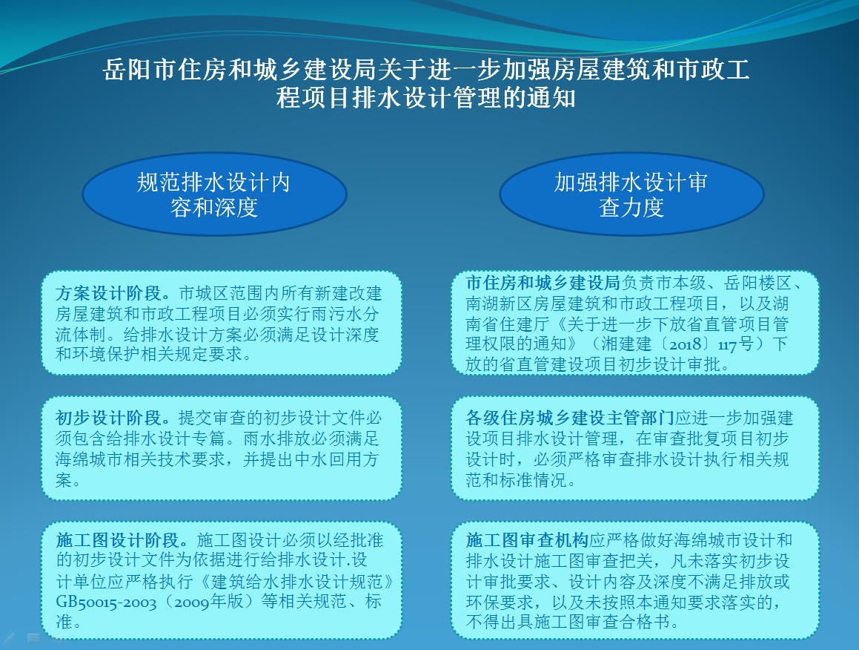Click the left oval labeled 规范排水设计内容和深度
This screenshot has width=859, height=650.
tap(214, 194)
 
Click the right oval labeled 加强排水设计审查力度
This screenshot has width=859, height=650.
tap(631, 194)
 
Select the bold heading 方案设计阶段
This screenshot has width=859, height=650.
tap(108, 293)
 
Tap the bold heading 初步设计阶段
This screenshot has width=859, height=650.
tap(108, 418)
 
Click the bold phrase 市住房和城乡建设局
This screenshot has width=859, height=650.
tap(543, 283)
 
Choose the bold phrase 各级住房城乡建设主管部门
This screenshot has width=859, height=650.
tap(570, 418)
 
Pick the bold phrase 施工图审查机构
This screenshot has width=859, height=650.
tap(527, 540)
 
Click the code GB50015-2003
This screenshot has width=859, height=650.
tap(106, 602)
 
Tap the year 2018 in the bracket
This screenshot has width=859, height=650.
tap(686, 344)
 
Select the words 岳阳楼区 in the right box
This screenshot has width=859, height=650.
tap(757, 283)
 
